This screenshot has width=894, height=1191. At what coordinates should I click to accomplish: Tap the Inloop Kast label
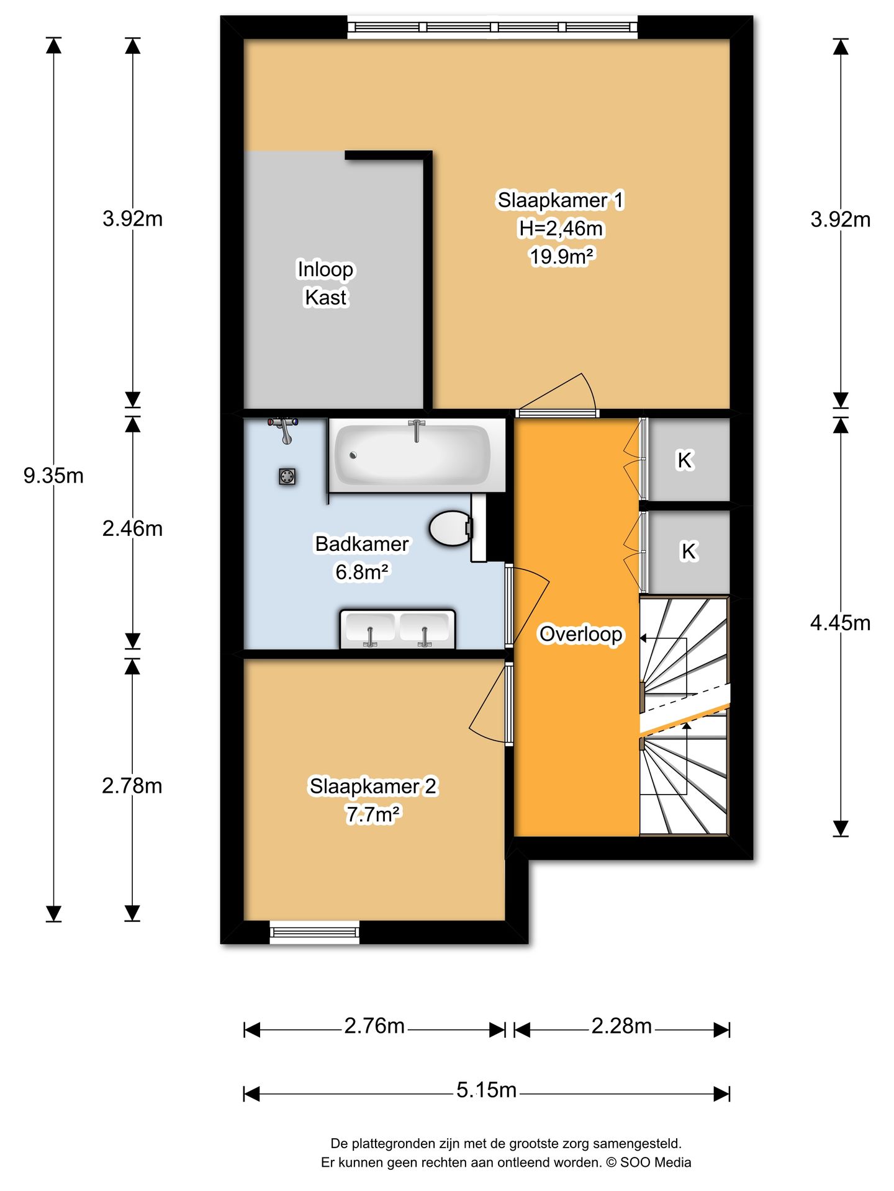point(325,283)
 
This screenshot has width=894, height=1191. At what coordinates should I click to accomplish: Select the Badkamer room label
point(362,544)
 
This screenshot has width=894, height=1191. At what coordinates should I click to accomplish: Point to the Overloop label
point(580,634)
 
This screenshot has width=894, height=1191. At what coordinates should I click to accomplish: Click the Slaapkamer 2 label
point(373,787)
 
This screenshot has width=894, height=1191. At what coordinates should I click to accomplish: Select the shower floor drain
point(287,476)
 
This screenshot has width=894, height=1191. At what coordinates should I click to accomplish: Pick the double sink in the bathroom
point(397,629)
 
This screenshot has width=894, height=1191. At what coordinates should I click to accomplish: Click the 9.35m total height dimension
point(53,476)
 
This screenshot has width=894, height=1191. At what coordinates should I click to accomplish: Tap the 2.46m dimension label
point(132,529)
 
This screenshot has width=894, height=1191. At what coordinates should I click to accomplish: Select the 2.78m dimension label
point(132,786)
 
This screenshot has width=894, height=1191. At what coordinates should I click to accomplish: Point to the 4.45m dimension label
point(840,622)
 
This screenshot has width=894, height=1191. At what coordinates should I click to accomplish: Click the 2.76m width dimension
point(374,1026)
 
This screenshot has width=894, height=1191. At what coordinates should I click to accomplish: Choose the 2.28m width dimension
point(621,1026)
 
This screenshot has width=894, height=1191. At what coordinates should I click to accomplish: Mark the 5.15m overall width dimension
point(486,1090)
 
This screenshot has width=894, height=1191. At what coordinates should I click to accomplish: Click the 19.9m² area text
point(560,256)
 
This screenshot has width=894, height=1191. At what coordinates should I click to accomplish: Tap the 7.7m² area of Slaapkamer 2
point(373,814)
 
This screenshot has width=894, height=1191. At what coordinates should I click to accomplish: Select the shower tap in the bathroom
point(284,429)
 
